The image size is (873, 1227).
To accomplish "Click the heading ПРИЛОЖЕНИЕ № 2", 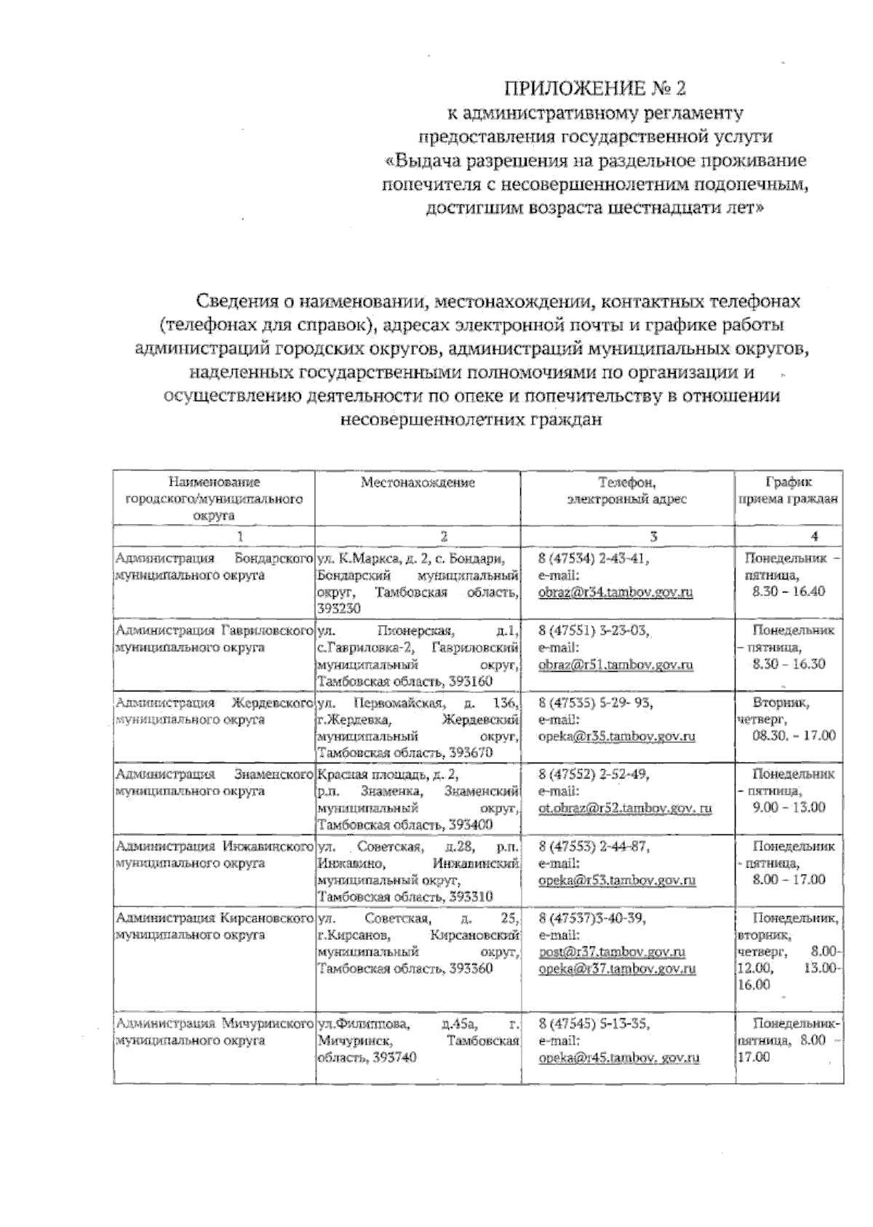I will click(x=595, y=89).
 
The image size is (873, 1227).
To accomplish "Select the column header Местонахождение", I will click(x=418, y=483).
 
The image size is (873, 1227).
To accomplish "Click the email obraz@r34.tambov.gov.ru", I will click(x=615, y=592).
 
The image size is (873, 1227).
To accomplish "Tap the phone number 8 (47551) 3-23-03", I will click(x=594, y=631).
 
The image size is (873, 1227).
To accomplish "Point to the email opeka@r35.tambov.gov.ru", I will click(x=617, y=736).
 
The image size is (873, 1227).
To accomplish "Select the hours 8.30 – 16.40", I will click(x=789, y=591).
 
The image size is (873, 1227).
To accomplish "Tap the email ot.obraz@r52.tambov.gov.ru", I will click(x=625, y=808).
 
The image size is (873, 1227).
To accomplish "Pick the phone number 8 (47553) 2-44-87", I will click(x=594, y=847).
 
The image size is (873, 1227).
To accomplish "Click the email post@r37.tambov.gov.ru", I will click(x=613, y=952).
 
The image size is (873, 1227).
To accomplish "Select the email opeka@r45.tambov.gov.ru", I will click(x=619, y=1058).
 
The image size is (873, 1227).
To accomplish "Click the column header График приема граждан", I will click(x=789, y=491).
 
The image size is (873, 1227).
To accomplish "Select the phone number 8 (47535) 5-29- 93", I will click(x=596, y=703).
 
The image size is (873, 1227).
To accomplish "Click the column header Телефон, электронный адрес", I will click(x=627, y=491).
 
